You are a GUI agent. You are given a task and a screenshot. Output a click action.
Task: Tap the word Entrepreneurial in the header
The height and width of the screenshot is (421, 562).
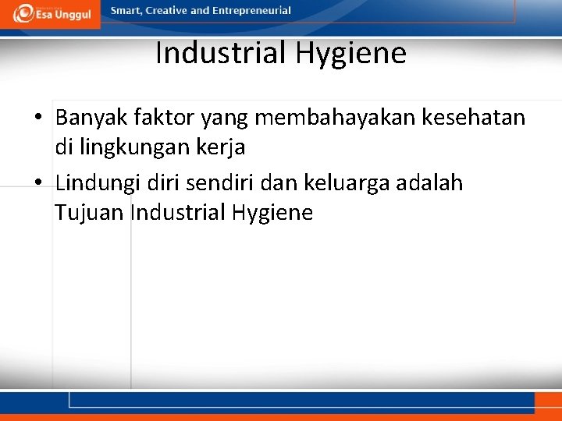(x=252, y=11)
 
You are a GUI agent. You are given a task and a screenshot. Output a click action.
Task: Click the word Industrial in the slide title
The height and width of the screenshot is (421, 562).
(x=221, y=54)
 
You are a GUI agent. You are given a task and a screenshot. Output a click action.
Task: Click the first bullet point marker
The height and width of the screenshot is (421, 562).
(x=38, y=119)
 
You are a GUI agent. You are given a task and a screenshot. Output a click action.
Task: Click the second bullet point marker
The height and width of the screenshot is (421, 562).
(x=38, y=184)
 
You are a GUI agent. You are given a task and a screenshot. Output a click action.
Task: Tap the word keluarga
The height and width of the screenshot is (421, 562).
(x=343, y=183)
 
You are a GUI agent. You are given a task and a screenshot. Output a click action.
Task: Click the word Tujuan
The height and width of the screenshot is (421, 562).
(x=89, y=212)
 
